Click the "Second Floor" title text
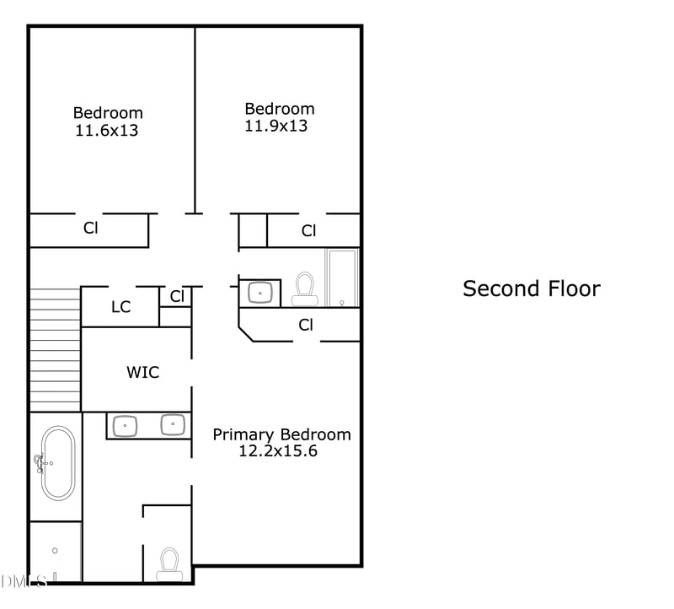point(532,288)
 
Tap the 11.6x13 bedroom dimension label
point(106,131)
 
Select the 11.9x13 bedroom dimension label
point(276,126)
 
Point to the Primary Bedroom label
point(281,434)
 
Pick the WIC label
point(142,371)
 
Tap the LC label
point(120,307)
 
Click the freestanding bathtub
point(58,463)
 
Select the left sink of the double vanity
point(126,425)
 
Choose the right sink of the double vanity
point(173,424)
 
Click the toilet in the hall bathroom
point(304,289)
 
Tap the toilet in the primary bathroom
point(169,563)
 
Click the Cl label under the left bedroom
point(90,228)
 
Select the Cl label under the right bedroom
point(308,230)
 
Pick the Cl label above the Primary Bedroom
point(306,325)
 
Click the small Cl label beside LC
point(177,296)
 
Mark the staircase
point(55,349)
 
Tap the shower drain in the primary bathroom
point(55,550)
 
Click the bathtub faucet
point(39,461)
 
